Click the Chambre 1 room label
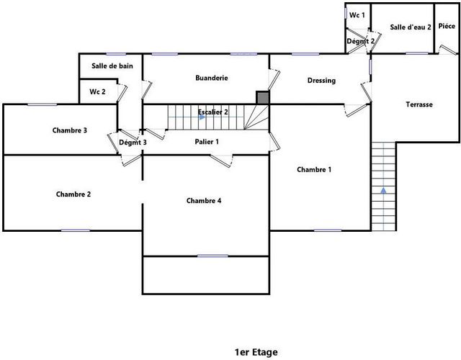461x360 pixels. pos(314,170)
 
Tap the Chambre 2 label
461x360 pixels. pos(73,194)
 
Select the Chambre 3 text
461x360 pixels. pos(70,130)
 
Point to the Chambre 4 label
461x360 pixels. pos(204,201)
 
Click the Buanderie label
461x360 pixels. pos(212,78)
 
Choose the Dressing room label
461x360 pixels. pos(321,81)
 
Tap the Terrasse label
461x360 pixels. pos(419,104)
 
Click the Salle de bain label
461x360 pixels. pos(112,66)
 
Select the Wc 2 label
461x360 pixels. pos(97,91)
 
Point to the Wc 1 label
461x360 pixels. pos(357,15)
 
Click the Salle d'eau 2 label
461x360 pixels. pos(411,27)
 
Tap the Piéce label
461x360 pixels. pos(447,26)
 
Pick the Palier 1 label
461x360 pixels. pos(207,142)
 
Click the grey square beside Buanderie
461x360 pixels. pos(262,98)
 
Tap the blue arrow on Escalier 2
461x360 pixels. pos(202,117)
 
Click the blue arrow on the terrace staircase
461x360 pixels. pos(383,190)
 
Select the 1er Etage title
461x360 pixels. pos(256,352)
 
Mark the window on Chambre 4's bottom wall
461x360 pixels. pos(212,256)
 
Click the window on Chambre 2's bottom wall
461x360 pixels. pos(76,230)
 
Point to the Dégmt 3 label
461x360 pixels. pos(133,143)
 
